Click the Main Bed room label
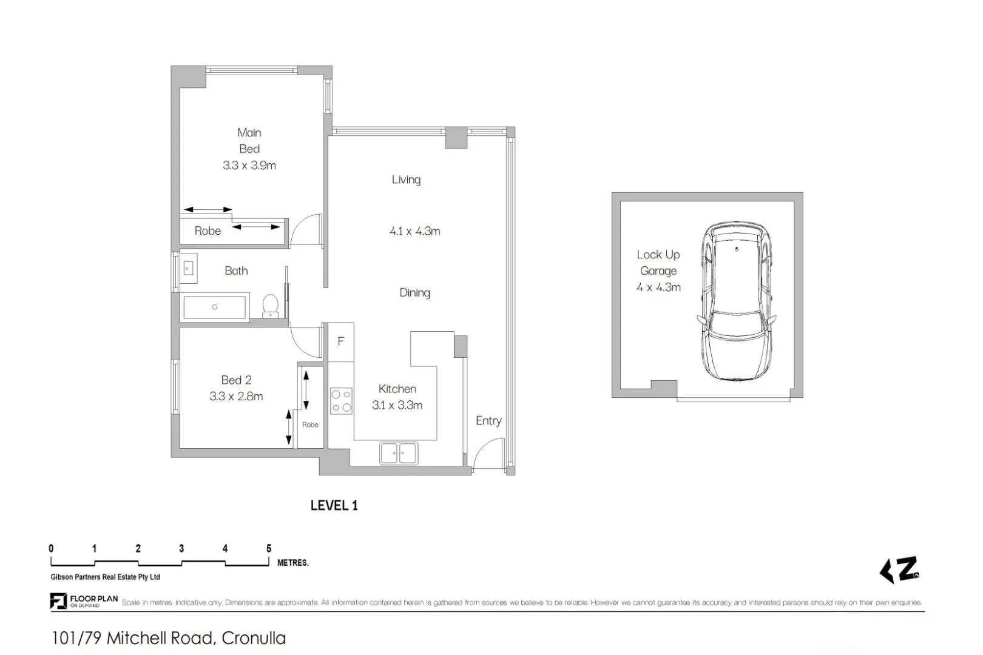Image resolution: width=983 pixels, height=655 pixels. [249, 141]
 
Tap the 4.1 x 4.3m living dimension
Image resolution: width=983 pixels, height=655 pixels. [414, 231]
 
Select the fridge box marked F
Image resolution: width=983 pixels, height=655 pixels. [340, 341]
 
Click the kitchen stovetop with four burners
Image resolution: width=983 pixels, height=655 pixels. [341, 401]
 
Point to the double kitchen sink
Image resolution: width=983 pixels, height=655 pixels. [399, 453]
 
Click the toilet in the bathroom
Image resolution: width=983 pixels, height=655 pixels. [270, 306]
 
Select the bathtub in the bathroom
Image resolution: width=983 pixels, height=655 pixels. [215, 307]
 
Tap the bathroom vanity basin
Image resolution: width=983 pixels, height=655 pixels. [188, 267]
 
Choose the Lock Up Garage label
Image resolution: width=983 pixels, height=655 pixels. [658, 263]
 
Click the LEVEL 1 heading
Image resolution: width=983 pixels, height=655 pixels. [334, 506]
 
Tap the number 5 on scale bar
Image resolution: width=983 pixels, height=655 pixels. [269, 548]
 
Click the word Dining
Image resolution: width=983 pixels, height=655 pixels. [414, 293]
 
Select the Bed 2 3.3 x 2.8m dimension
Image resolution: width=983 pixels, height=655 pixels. [236, 397]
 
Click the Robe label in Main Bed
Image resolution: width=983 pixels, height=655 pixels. [208, 231]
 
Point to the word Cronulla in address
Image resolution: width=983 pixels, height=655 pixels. [254, 639]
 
